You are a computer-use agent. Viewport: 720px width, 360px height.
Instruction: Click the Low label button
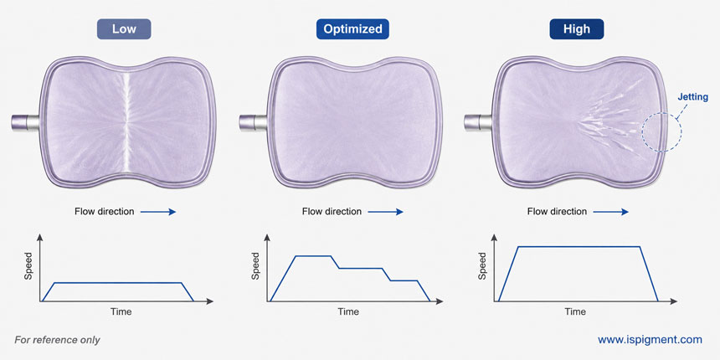tap(124, 29)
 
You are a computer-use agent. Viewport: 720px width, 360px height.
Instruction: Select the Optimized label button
tap(352, 29)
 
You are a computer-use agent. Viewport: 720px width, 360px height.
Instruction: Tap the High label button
tap(577, 29)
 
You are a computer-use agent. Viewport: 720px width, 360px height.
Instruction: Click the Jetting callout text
tap(693, 97)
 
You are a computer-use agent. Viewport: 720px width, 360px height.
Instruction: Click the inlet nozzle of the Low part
tap(26, 122)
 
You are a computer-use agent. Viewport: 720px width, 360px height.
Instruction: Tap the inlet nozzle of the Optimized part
tap(253, 122)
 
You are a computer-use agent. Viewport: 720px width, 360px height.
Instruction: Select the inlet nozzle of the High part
tap(479, 122)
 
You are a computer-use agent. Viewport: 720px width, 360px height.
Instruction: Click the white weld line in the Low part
tap(127, 122)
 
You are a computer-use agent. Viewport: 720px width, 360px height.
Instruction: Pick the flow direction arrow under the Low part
tap(158, 212)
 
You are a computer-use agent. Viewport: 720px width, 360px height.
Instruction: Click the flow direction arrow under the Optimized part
tap(385, 212)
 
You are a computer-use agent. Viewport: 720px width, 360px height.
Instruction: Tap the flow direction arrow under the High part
tap(610, 212)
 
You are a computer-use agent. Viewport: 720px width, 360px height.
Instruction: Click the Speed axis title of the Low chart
tap(28, 265)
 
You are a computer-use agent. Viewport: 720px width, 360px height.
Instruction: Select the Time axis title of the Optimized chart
tap(348, 311)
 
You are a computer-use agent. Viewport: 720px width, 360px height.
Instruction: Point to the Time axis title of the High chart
tap(575, 311)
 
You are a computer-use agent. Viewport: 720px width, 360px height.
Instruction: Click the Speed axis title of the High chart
tap(482, 265)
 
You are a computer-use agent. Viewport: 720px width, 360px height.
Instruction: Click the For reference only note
tap(57, 340)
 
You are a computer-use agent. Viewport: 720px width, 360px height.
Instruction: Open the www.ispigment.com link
tap(650, 340)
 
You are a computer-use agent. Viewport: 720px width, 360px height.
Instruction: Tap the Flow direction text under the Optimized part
tap(332, 212)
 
